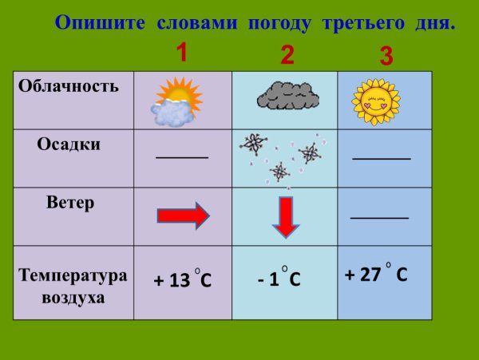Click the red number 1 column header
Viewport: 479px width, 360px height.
pos(181,53)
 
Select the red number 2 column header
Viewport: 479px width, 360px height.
pos(287,55)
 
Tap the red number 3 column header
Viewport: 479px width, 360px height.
pos(386,56)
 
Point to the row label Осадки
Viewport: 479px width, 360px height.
pos(69,144)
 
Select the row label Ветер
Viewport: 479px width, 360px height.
pos(70,203)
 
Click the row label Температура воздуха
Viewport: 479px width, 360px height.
pos(73,287)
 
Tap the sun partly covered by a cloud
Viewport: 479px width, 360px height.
pos(175,102)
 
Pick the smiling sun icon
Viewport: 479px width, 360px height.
pos(374,99)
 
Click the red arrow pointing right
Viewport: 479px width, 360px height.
pos(183,216)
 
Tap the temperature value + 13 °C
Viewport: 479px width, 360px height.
pos(183,281)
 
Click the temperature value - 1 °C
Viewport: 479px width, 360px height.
pos(279,279)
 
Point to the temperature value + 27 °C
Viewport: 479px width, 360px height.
pos(376,275)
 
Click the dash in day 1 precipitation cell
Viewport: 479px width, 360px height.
pos(182,156)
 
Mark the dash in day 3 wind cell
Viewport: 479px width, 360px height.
pos(379,217)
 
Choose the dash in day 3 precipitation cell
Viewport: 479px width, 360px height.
pos(382,159)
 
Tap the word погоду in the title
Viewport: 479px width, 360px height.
pos(281,22)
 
